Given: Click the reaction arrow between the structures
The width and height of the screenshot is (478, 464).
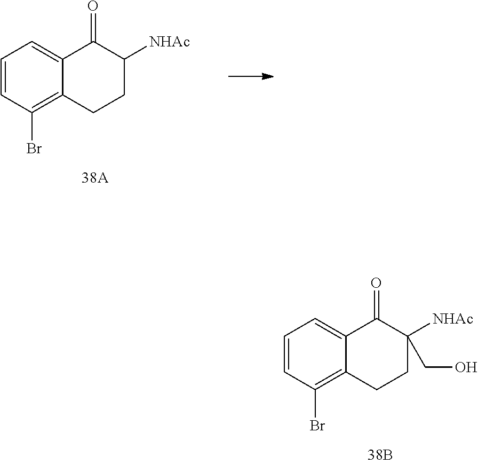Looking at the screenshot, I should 251,76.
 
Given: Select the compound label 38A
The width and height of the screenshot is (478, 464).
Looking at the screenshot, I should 94,178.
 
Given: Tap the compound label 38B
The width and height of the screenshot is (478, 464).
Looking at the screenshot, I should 380,455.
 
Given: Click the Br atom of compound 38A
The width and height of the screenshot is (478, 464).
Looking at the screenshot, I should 34,149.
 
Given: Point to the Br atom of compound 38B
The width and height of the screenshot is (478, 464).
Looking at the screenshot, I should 318,426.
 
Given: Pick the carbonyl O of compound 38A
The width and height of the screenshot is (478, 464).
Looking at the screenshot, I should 93,7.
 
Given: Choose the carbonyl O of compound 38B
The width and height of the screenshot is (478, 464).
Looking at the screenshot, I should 377,284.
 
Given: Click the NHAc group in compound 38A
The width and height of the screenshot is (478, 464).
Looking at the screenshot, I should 170,42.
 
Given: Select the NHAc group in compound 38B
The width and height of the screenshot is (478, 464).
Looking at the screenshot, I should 453,319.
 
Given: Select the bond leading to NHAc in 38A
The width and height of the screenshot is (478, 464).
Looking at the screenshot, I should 136,51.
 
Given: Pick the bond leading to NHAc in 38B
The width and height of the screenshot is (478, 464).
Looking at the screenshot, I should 419,329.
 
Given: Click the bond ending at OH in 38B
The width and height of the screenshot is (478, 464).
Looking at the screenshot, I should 439,367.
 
